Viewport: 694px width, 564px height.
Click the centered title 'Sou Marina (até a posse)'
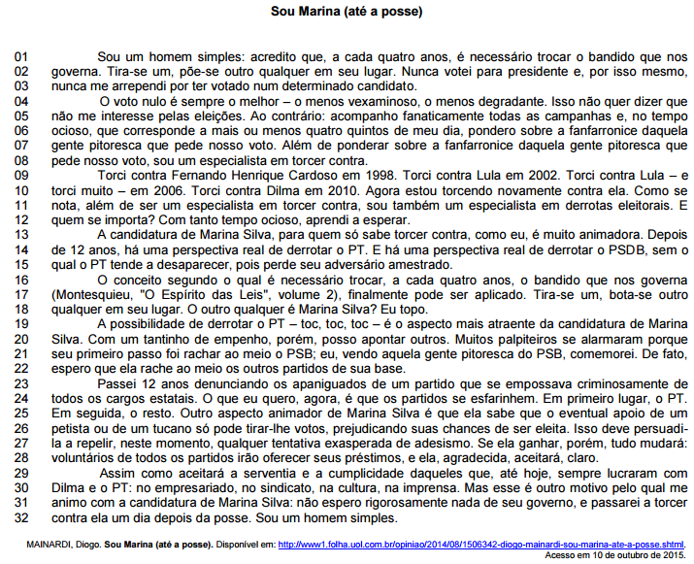point(347,13)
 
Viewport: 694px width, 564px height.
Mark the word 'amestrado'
point(420,264)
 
